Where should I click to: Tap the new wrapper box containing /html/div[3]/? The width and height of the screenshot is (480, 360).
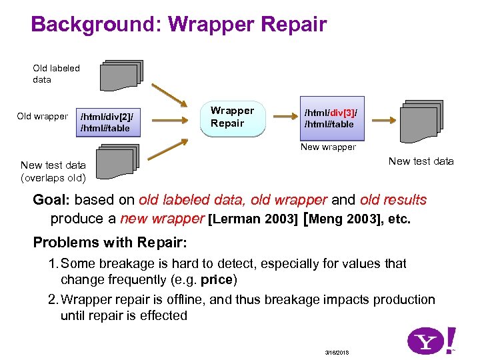click(x=330, y=118)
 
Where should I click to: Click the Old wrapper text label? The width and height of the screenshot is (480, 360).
click(x=42, y=117)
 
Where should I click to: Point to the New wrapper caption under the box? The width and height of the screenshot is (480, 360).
click(x=328, y=147)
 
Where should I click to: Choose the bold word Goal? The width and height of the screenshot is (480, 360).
click(x=52, y=200)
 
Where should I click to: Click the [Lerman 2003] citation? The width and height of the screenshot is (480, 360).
click(x=253, y=219)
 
